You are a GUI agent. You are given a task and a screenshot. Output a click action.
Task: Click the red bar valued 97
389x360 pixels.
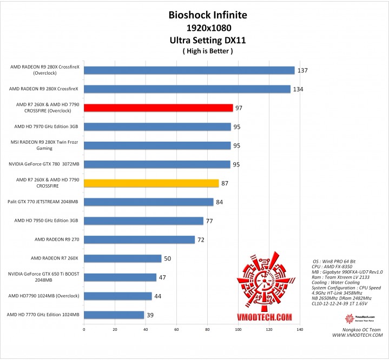click(158, 108)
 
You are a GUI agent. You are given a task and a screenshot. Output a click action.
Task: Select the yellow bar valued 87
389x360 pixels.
click(151, 183)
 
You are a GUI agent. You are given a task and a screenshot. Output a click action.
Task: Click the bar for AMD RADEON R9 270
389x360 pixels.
click(139, 239)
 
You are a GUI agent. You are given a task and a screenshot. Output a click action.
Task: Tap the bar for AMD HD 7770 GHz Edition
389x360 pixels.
click(114, 315)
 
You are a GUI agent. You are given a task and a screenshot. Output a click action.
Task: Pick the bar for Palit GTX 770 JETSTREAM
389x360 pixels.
click(148, 202)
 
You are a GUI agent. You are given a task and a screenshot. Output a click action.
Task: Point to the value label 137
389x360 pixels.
click(303, 70)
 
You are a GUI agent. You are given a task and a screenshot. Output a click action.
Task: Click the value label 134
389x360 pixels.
click(298, 89)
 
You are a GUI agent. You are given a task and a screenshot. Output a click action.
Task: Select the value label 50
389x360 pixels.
click(168, 258)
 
